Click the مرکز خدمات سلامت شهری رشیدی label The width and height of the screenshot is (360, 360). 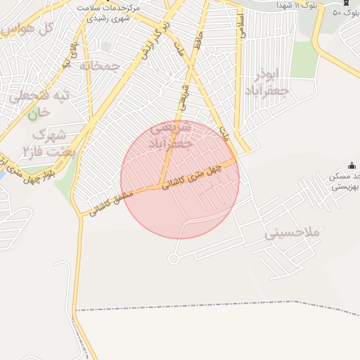click(x=110, y=11)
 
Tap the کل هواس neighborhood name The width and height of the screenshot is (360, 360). click(x=29, y=30)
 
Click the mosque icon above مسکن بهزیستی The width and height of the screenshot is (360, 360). click(x=352, y=165)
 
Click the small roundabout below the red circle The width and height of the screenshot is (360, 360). click(x=173, y=259)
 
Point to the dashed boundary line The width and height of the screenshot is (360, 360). click(x=211, y=305)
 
